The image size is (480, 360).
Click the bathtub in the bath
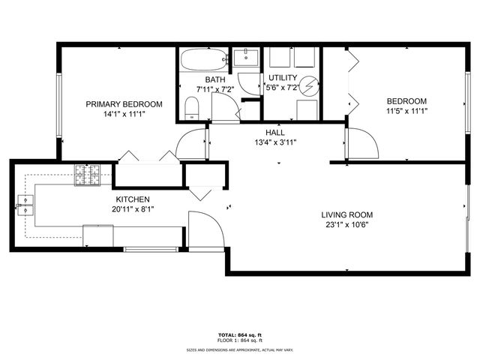click(x=202, y=59)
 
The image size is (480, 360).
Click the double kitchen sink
click(x=25, y=205)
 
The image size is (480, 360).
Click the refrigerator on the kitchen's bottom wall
click(x=98, y=235)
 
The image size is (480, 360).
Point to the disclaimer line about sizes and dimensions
click(x=239, y=349)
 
